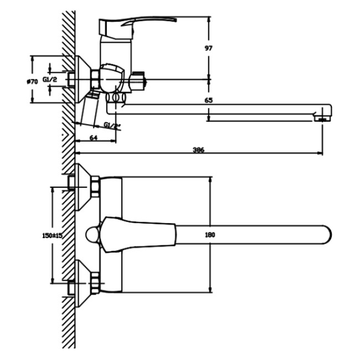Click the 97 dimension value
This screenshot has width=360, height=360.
[x=208, y=48]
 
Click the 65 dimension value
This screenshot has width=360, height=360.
[x=208, y=100]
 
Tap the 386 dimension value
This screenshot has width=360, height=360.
[x=198, y=150]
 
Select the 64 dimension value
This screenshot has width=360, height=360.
[x=94, y=138]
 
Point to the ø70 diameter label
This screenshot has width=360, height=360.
[x=32, y=81]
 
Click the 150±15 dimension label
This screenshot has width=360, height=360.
[x=53, y=235]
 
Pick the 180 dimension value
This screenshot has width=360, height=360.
[x=210, y=235]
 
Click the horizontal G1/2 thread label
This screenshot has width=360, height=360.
[x=50, y=80]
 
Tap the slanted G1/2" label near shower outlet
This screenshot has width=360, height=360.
[x=112, y=126]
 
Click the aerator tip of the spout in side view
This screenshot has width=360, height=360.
[x=322, y=119]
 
